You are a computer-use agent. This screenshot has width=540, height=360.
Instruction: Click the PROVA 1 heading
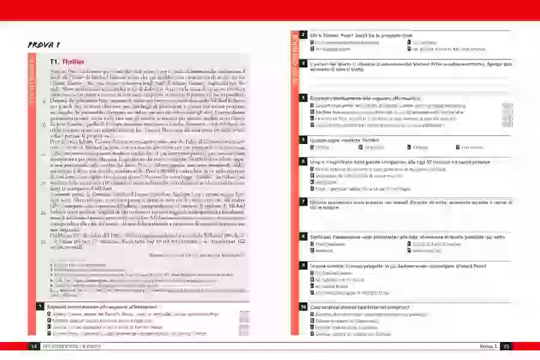pos(45,45)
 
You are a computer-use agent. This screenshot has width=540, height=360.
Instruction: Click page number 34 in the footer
pos(34,346)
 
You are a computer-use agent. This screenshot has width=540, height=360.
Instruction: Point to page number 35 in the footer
pos(506,346)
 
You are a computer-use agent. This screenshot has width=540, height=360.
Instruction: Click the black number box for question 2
pos(304,35)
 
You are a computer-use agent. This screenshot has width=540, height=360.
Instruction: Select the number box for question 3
pos(304,63)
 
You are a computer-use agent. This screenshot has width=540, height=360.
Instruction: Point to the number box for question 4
pos(304,97)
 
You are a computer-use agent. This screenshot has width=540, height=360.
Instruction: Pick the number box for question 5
pos(304,139)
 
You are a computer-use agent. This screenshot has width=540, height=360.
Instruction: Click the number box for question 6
pos(304,161)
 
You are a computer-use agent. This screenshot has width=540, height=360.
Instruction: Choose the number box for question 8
pos(304,236)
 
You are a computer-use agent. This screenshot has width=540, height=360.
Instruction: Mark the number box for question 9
pos(304,265)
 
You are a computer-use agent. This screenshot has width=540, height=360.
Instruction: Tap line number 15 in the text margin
pos(43,153)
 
